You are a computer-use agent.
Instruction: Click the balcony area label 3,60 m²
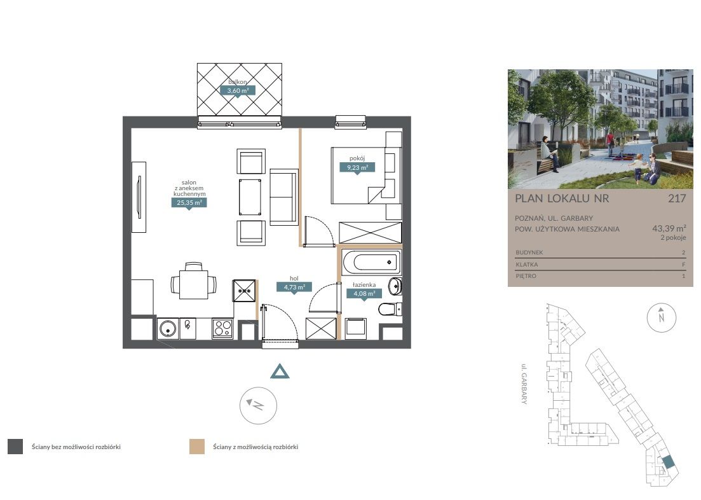pyautogui.click(x=238, y=90)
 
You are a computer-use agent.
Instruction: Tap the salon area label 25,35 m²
pyautogui.click(x=189, y=203)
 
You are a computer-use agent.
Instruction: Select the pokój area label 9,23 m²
pyautogui.click(x=357, y=168)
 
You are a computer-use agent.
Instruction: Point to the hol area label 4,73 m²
pyautogui.click(x=294, y=287)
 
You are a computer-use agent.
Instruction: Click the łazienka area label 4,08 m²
pyautogui.click(x=364, y=294)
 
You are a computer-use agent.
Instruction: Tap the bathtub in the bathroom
pyautogui.click(x=371, y=262)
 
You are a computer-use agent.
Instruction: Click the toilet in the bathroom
pyautogui.click(x=390, y=309)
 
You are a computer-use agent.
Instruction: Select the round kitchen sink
pyautogui.click(x=168, y=330)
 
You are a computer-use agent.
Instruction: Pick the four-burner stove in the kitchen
pyautogui.click(x=222, y=329)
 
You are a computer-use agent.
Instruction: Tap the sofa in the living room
pyautogui.click(x=284, y=197)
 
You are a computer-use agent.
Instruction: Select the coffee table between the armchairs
pyautogui.click(x=250, y=197)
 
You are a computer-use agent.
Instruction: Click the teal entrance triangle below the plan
pyautogui.click(x=280, y=372)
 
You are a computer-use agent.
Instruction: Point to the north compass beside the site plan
pyautogui.click(x=662, y=317)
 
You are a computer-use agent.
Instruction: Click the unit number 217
pyautogui.click(x=677, y=198)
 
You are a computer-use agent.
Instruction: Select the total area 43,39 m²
pyautogui.click(x=669, y=228)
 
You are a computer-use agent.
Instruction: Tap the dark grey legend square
pyautogui.click(x=15, y=447)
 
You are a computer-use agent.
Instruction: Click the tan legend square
pyautogui.click(x=197, y=447)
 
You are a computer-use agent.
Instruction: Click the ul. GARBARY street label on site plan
pyautogui.click(x=524, y=384)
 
